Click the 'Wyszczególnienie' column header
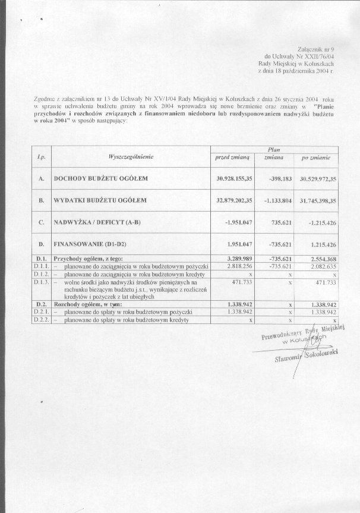131,156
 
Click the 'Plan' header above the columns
274,150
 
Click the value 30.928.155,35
234,178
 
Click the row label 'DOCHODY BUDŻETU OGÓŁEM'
101,178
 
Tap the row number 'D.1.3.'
42,282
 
